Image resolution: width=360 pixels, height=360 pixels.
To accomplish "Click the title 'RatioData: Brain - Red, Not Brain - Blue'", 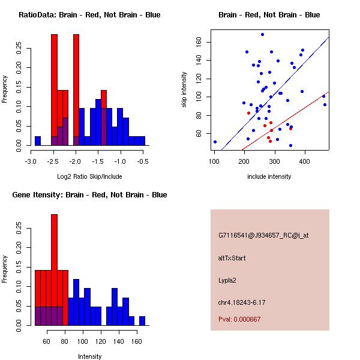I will pyautogui.click(x=89, y=15).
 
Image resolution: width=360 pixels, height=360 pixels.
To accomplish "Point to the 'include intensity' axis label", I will pyautogui.click(x=269, y=176).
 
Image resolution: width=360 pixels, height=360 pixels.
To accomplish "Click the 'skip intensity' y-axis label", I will pyautogui.click(x=184, y=90).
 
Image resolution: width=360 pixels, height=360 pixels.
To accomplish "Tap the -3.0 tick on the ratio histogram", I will pyautogui.click(x=31, y=161).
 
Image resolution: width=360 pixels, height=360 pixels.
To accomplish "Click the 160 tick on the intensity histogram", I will pyautogui.click(x=136, y=341).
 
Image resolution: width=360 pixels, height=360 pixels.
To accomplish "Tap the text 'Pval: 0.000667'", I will pyautogui.click(x=239, y=319).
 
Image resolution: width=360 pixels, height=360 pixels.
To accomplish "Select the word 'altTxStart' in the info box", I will pyautogui.click(x=232, y=258).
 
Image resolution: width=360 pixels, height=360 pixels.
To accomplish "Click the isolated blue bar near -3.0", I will pyautogui.click(x=38, y=141).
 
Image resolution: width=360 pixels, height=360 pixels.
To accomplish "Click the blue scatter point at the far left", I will pyautogui.click(x=215, y=142).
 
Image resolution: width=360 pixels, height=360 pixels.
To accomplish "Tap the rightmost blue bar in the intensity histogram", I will pyautogui.click(x=142, y=320).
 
